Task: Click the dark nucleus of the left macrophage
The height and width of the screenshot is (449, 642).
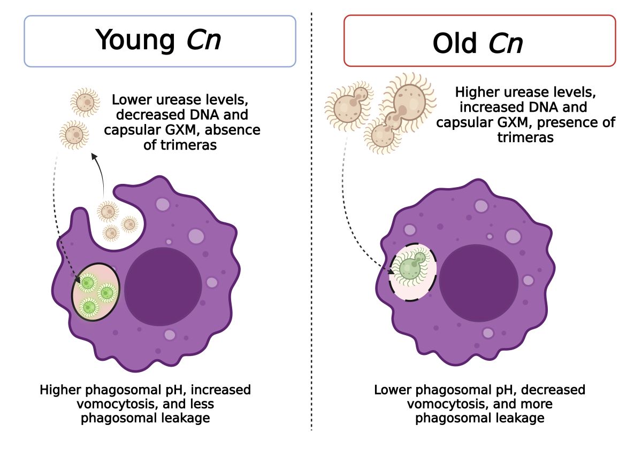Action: pos(163,283)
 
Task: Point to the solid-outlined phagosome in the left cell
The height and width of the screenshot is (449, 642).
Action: pos(96,291)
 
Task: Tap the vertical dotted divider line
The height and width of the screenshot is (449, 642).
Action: pos(311,224)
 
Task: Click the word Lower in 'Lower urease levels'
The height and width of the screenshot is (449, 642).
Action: pos(131,100)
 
